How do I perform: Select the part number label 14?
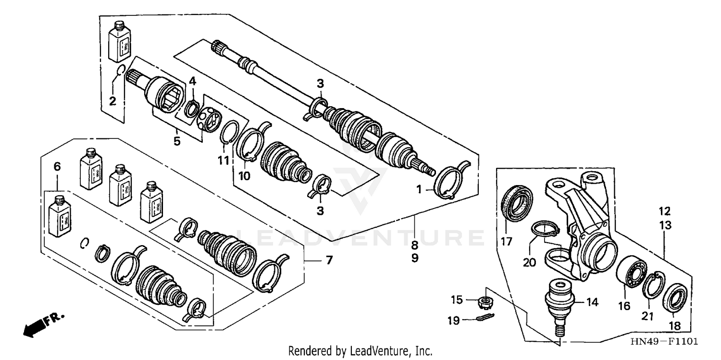(x=593, y=302)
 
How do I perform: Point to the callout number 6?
(x=57, y=167)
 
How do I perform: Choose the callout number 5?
(x=177, y=141)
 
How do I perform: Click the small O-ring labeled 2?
(x=121, y=72)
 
